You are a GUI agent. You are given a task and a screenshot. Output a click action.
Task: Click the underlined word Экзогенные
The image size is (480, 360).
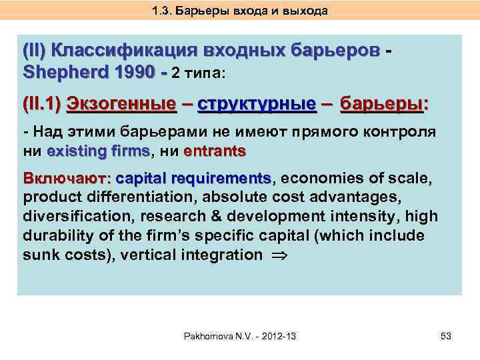[x=124, y=105]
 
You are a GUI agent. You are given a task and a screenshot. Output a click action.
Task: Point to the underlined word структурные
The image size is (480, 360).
[x=257, y=105]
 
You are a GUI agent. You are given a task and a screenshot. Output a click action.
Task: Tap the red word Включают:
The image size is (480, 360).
[x=66, y=179]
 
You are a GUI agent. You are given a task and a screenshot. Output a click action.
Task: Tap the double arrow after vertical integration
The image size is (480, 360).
[x=277, y=255]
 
